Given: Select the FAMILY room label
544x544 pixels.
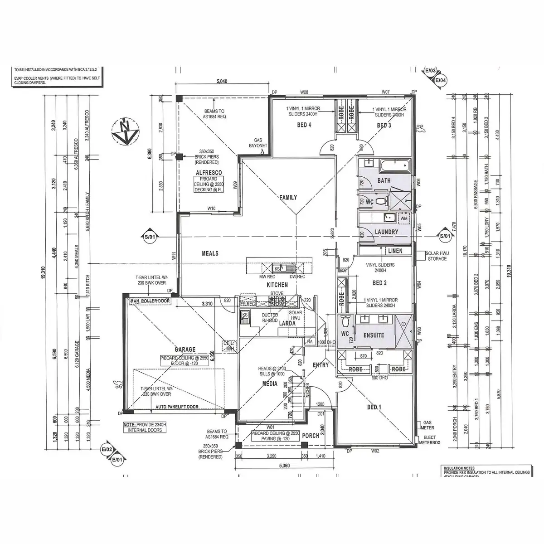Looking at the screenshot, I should click(x=288, y=197).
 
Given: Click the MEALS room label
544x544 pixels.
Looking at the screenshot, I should click(x=210, y=253).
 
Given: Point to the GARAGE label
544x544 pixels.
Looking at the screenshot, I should click(x=185, y=350).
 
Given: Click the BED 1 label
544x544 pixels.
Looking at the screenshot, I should click(x=374, y=408).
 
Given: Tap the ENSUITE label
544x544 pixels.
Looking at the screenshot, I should click(x=374, y=335).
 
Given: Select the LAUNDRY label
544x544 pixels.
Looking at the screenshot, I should click(x=387, y=232).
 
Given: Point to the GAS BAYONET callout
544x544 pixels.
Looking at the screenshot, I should click(x=261, y=143).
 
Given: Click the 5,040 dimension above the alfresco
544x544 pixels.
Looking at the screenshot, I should click(x=222, y=82).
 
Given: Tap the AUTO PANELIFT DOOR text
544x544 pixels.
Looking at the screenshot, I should click(x=177, y=408).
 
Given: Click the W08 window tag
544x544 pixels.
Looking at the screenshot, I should click(x=304, y=92).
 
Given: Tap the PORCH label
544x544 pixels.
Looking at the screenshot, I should click(x=311, y=436).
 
